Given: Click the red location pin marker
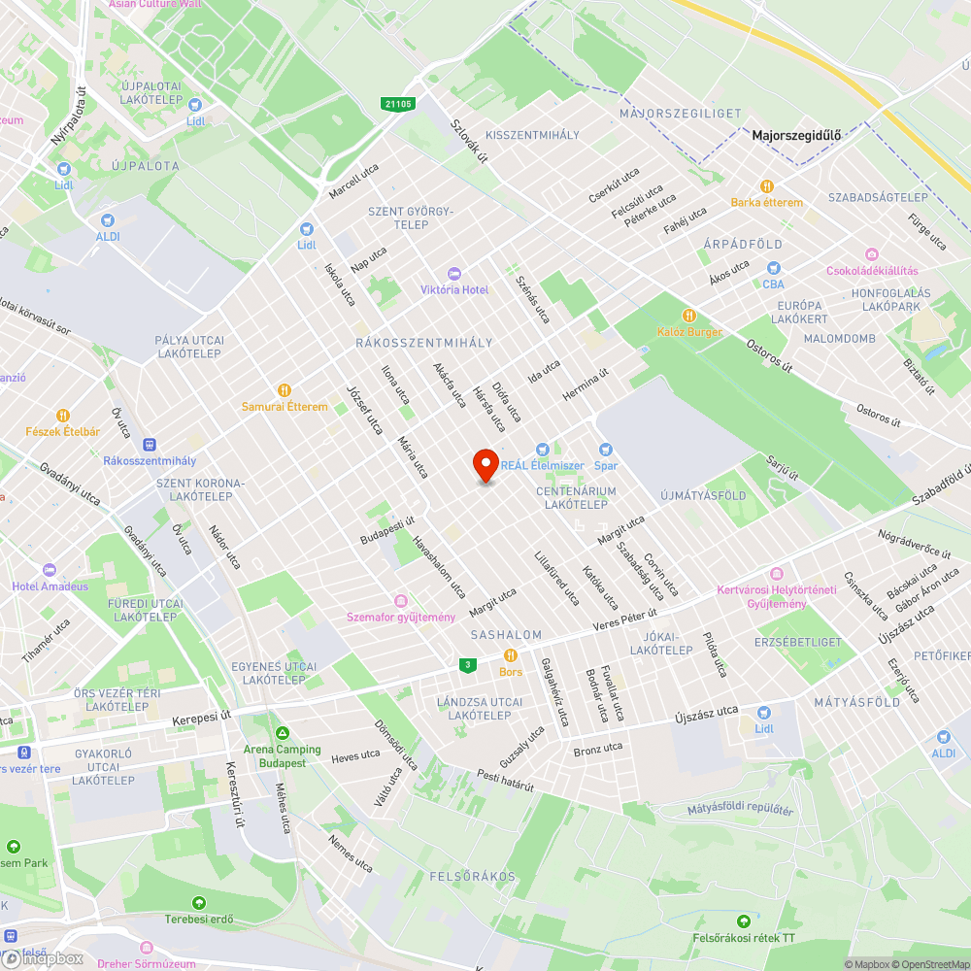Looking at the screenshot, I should [485, 465].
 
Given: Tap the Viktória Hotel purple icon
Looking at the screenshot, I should [453, 274].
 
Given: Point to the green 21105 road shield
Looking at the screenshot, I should [398, 105].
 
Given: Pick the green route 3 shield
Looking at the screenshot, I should [469, 664].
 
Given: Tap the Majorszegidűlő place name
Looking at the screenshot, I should [795, 136].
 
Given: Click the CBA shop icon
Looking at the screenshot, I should [774, 268].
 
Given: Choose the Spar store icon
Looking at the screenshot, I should [607, 450].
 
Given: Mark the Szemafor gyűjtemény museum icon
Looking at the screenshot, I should [401, 601].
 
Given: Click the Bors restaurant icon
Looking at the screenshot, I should [510, 655].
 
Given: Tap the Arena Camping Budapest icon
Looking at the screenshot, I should [283, 733].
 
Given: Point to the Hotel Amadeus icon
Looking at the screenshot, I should [50, 570].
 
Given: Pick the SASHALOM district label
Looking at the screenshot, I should [506, 635].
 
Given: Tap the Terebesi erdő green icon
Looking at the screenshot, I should [199, 903].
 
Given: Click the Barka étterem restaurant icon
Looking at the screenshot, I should [767, 185].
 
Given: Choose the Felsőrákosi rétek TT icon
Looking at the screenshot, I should [744, 921].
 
